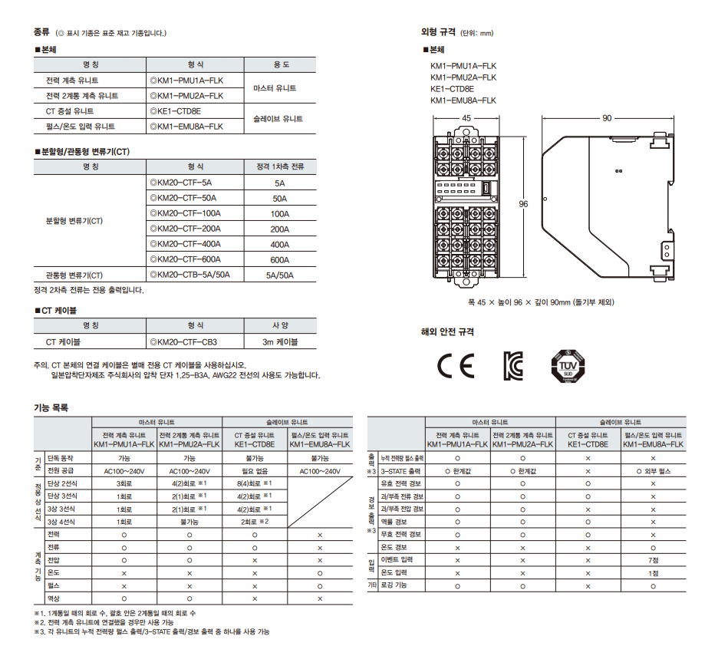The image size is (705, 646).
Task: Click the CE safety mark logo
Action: [456, 366]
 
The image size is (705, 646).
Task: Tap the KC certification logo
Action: [513, 366]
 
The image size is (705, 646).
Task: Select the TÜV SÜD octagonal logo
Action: [568, 366]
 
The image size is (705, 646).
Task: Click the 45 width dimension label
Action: [466, 118]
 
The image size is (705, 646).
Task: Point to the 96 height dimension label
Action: [523, 204]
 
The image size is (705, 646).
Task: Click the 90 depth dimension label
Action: [607, 118]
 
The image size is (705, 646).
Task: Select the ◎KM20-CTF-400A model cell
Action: [185, 244]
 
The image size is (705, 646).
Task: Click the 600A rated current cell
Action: [280, 260]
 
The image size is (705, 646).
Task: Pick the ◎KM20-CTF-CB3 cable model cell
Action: [183, 342]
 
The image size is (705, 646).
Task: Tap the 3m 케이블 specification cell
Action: [280, 342]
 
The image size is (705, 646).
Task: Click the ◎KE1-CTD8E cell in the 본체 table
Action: [176, 111]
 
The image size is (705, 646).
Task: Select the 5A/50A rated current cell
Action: [280, 275]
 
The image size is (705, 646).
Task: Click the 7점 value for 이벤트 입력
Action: [654, 560]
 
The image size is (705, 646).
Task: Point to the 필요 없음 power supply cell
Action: [255, 471]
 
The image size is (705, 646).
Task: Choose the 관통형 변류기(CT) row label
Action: [74, 275]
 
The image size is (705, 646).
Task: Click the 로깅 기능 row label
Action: [394, 585]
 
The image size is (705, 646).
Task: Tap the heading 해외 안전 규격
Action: [447, 331]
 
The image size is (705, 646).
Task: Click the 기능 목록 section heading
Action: [51, 407]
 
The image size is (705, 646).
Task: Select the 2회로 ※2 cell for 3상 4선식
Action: [255, 522]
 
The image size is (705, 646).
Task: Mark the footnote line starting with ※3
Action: [152, 631]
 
